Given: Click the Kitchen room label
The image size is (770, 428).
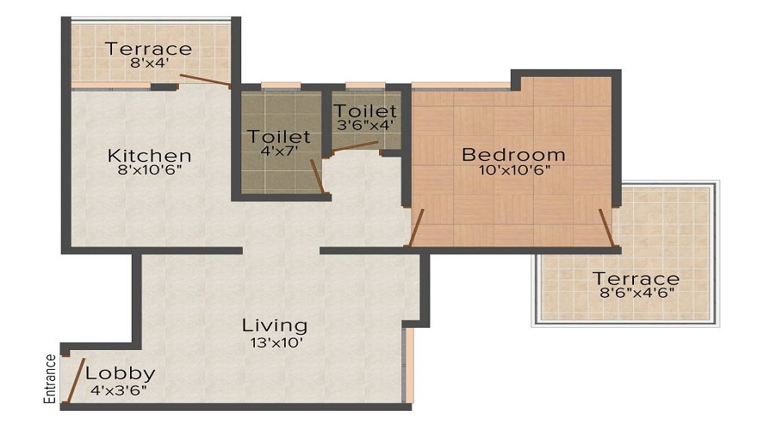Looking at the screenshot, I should pos(149,156).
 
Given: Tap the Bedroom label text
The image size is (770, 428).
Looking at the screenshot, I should pos(513,155).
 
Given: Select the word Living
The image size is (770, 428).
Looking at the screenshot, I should pos(274,325).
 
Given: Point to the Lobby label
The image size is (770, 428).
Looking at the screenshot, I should pos(121,373).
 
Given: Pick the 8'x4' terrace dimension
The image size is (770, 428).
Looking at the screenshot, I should pos(149,62).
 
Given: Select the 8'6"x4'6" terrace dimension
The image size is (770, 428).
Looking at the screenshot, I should pos(637,294).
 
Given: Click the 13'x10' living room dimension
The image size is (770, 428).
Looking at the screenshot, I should pos(274,342).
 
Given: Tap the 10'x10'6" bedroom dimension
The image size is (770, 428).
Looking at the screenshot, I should pos(513,169).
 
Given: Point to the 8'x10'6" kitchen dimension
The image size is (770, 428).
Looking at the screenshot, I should pos(149,170).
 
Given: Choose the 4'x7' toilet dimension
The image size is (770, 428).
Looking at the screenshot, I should pos(279,152).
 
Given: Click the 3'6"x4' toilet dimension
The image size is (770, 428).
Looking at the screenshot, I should pos(365,126).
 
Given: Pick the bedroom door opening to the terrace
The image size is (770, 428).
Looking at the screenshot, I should pos(607,226).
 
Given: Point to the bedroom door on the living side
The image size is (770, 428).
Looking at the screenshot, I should pos(418,227).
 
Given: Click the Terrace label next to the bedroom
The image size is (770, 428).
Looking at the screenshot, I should pos(637,279).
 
